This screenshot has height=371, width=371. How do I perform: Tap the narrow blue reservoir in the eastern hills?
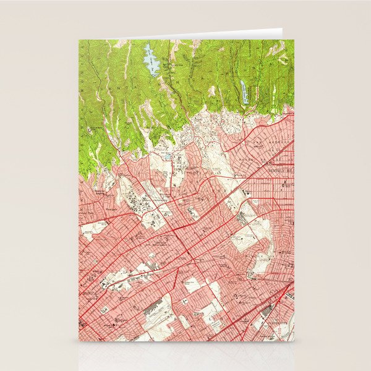245,92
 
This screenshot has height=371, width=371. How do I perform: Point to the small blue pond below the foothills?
169,157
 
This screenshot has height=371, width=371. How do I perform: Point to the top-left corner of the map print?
79,40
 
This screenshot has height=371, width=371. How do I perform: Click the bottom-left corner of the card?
79,341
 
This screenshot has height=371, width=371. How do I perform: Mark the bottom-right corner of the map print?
294,341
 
